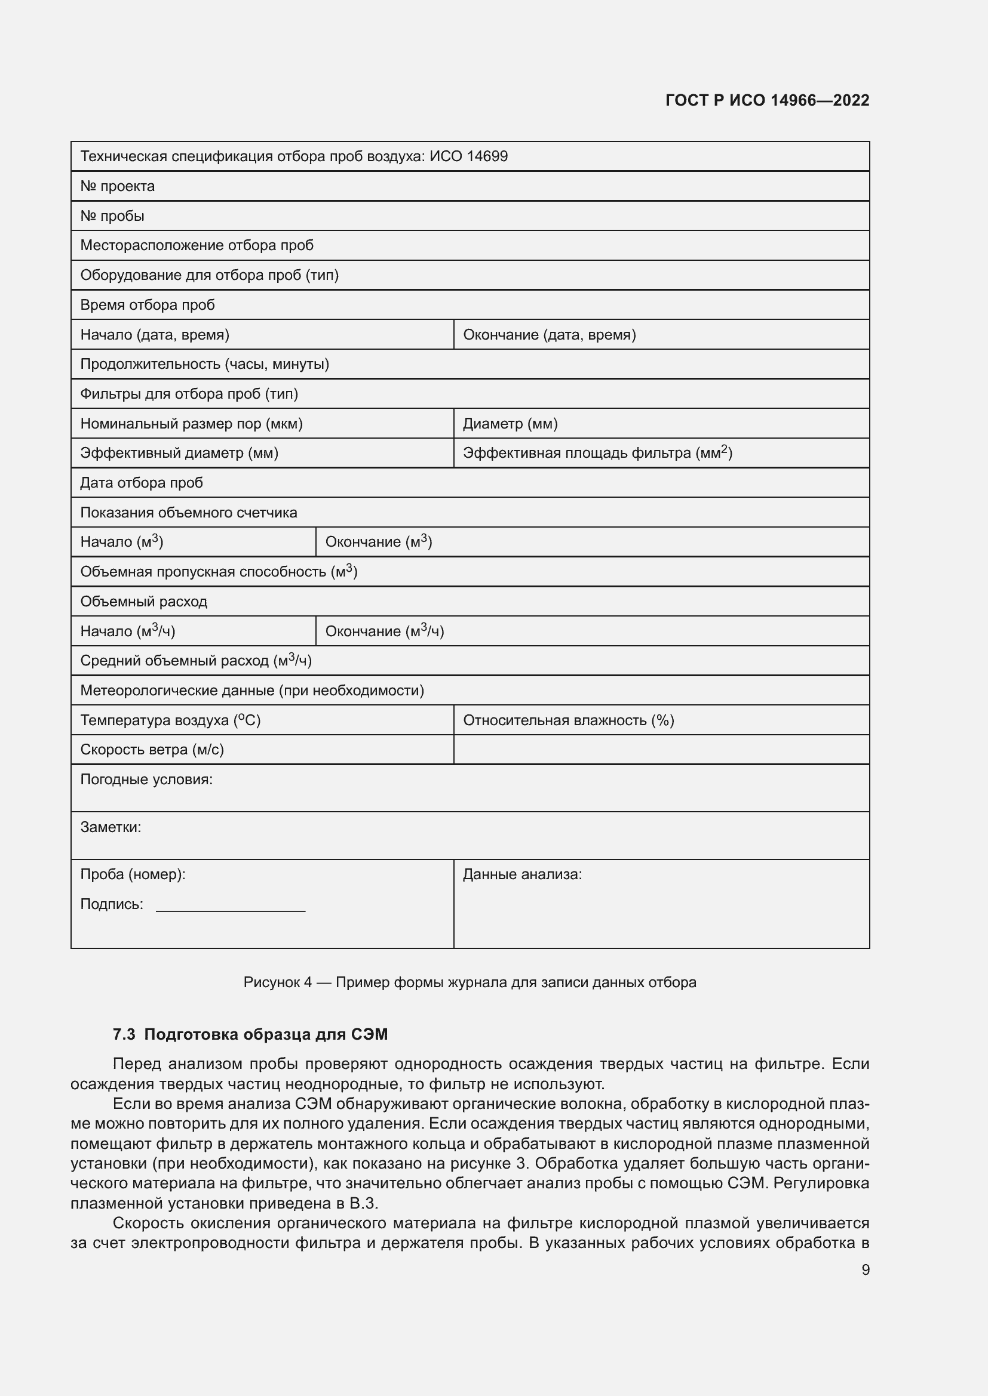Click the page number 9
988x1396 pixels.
(x=865, y=1269)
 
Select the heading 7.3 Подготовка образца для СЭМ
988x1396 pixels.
(x=250, y=1034)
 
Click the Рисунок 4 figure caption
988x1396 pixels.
(x=469, y=982)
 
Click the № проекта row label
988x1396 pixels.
(x=118, y=186)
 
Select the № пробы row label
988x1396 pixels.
(x=112, y=216)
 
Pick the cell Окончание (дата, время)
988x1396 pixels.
(x=550, y=334)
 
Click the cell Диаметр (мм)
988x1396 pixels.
(x=510, y=424)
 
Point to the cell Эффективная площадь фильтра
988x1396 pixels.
(x=597, y=453)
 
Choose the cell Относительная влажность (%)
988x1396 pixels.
(x=568, y=720)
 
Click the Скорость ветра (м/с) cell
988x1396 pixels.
(x=152, y=750)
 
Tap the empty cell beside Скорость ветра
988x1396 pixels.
(x=661, y=750)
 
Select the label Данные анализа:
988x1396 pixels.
(x=522, y=874)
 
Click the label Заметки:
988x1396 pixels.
(x=111, y=827)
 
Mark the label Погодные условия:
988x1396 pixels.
(x=146, y=779)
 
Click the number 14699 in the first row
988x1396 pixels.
(x=487, y=157)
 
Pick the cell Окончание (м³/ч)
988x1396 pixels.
(x=385, y=631)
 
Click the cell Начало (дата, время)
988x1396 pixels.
(x=155, y=334)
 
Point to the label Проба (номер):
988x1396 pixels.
(x=133, y=874)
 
